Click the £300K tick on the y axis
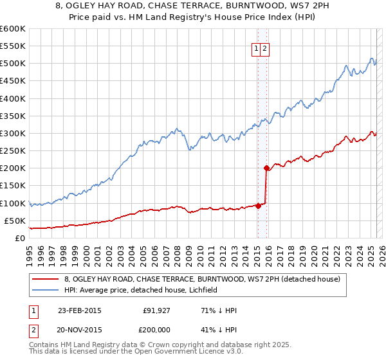13,133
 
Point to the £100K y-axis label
13,203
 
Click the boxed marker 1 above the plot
256,48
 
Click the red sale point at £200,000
266,168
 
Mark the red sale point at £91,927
258,206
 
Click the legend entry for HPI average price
141,290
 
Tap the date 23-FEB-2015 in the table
80,310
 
